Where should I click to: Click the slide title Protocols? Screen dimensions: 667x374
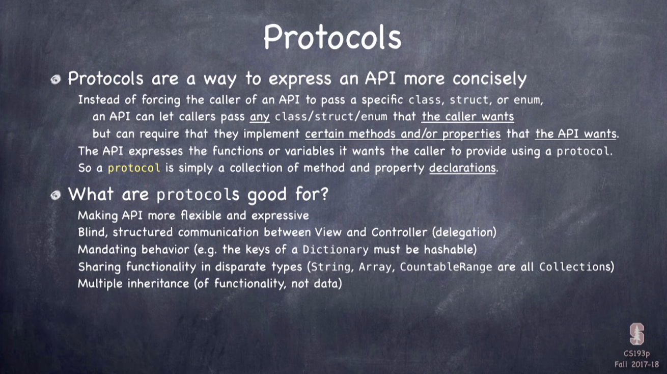(332, 37)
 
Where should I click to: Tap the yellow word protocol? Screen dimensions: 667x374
(134, 168)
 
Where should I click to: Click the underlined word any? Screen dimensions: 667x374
(260, 117)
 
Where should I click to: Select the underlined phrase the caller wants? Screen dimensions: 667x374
(467, 116)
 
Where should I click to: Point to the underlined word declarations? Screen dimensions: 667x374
(462, 168)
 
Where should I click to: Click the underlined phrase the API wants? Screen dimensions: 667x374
(576, 133)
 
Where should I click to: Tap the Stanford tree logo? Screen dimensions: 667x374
(636, 334)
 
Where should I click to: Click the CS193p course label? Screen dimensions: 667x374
(636, 354)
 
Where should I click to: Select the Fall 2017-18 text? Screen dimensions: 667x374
(636, 364)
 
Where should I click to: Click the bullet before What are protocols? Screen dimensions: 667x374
(55, 195)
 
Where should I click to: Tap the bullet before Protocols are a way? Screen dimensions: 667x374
(55, 79)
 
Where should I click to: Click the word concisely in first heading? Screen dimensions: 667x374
(489, 78)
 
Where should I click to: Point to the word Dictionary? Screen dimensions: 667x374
(336, 250)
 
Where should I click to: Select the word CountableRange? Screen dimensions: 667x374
(446, 266)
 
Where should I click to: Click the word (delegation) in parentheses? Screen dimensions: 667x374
(464, 232)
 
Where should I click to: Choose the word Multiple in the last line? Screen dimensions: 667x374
(100, 283)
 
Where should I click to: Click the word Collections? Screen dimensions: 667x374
(574, 266)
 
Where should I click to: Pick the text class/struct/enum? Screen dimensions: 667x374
(331, 117)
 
